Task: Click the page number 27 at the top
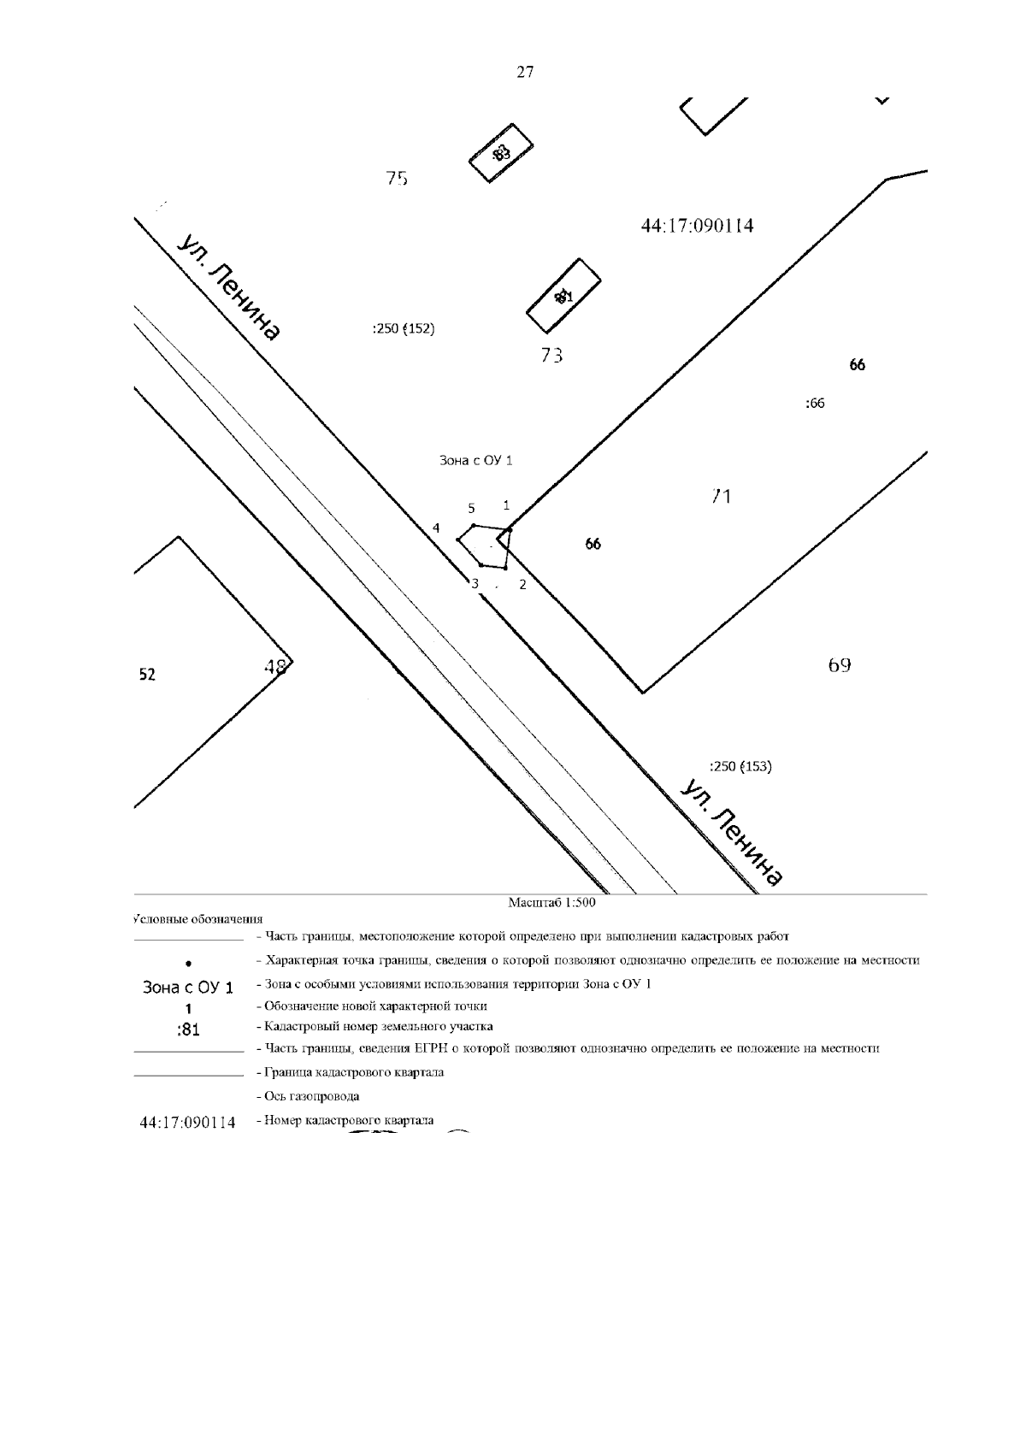[x=525, y=73]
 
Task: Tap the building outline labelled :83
[x=502, y=154]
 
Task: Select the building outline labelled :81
[x=563, y=296]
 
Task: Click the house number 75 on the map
[x=397, y=179]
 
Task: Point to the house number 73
[x=551, y=355]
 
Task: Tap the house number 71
[x=722, y=496]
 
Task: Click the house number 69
[x=839, y=664]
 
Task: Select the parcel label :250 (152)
[x=404, y=329]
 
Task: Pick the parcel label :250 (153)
[x=740, y=766]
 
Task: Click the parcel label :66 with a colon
[x=815, y=404]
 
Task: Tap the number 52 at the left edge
[x=147, y=675]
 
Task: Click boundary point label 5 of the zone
[x=471, y=508]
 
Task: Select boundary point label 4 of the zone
[x=436, y=528]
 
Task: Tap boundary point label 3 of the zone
[x=475, y=584]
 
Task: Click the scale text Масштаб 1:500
[x=551, y=902]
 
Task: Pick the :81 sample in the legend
[x=188, y=1030]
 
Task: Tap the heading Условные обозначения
[x=198, y=919]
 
